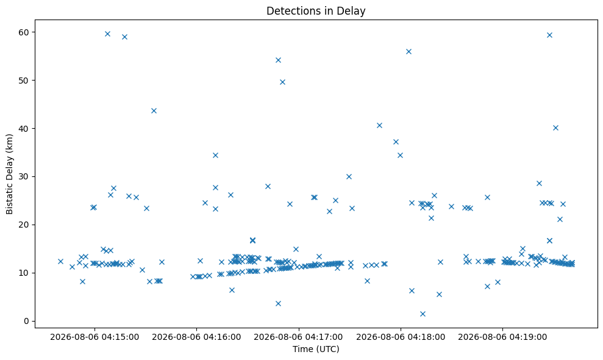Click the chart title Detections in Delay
tap(316, 11)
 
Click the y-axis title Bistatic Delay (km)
tap(10, 174)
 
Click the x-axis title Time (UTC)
tap(316, 349)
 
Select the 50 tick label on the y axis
tap(24, 81)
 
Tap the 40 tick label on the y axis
tap(24, 129)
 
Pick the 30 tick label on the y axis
tap(24, 177)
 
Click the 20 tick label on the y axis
tap(24, 225)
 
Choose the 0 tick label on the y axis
tap(27, 321)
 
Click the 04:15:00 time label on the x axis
tap(95, 337)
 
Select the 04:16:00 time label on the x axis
tap(196, 337)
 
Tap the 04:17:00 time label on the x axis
tap(298, 337)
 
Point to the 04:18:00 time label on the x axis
tap(401, 337)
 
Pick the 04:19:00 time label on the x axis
tap(502, 337)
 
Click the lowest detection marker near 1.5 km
tap(423, 314)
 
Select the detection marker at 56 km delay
tap(409, 52)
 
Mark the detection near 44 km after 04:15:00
tap(154, 111)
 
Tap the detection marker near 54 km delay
tap(279, 60)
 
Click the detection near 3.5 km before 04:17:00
tap(279, 303)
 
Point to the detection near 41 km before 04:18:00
tap(380, 125)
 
